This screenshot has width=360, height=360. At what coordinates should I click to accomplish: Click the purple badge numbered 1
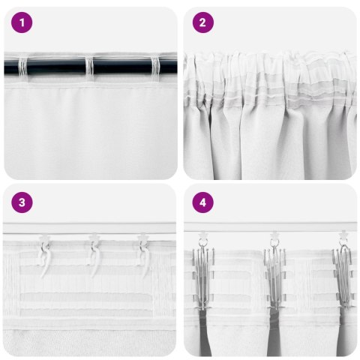22,22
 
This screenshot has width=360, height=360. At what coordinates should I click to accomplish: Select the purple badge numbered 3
22,202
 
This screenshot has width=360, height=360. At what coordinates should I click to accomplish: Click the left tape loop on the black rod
27,67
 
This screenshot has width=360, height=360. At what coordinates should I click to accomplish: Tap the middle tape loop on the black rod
91,67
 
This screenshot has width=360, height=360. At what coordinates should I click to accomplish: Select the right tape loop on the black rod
155,67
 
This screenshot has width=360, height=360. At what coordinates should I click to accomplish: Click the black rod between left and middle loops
58,67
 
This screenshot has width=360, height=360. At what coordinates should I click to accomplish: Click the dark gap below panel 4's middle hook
274,330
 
